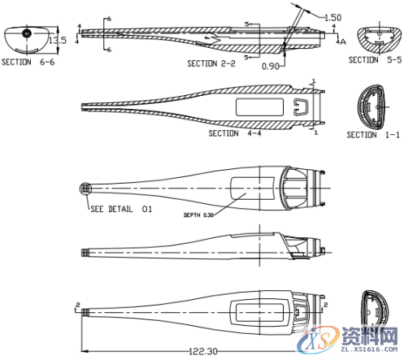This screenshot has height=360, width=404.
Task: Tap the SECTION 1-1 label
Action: coord(372,135)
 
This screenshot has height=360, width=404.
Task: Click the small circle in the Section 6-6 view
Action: coord(26,33)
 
